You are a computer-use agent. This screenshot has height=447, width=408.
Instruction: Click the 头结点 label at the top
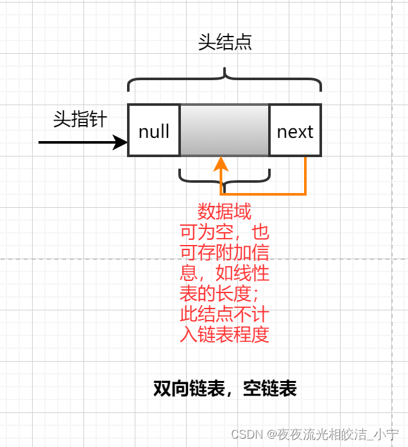tap(225, 42)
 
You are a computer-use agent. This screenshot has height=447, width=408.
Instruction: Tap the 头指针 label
tap(80, 119)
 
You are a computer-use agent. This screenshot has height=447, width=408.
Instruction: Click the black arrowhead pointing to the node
tap(121, 142)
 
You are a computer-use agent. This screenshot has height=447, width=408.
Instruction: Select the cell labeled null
tap(154, 131)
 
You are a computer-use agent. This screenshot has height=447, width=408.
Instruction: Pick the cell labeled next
tap(295, 131)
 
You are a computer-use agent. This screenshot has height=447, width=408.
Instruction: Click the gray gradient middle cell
tap(225, 130)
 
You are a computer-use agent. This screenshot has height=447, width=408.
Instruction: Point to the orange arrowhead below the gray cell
tap(223, 164)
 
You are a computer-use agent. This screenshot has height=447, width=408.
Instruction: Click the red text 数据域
tap(225, 212)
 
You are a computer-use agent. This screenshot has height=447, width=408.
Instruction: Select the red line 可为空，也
tap(225, 232)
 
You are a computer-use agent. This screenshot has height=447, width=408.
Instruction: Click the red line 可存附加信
tap(225, 252)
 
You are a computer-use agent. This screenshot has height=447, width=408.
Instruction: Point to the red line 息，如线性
tap(225, 273)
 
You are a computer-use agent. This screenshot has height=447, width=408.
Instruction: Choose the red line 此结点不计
tap(225, 314)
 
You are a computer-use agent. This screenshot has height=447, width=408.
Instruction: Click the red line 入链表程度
tap(225, 334)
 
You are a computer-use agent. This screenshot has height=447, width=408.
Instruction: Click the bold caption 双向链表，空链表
tap(225, 389)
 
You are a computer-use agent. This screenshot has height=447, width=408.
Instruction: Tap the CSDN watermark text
tap(315, 435)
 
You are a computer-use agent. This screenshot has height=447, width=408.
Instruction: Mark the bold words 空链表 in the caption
tap(270, 389)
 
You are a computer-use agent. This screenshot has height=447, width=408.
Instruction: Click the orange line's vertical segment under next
tap(305, 174)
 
